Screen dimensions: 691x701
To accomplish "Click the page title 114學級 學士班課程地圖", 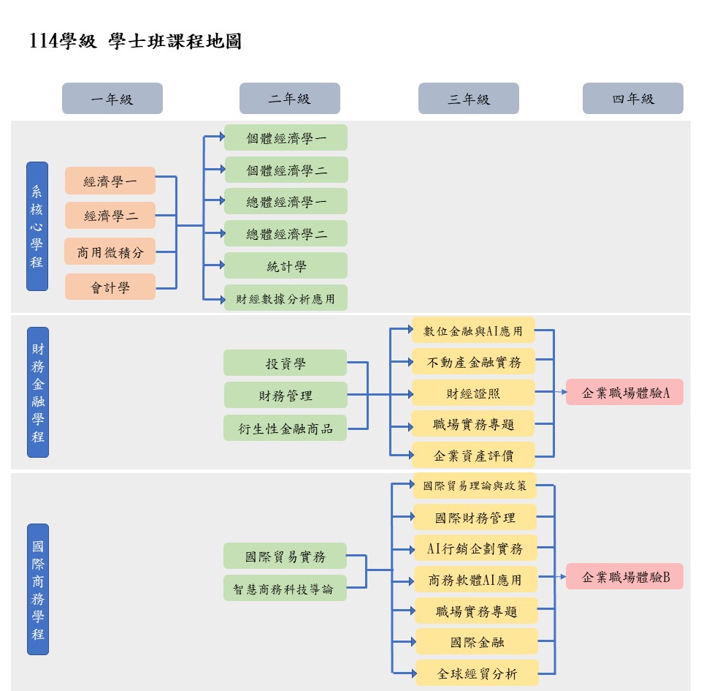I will pos(136,42).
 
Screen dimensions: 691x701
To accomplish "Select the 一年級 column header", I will pos(112,99).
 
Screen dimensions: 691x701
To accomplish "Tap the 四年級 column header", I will pos(632,99).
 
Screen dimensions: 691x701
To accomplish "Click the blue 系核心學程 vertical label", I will pos(37,226).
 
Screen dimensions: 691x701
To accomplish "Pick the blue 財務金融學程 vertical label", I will pos(38,393).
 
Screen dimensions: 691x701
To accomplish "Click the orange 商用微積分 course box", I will pos(110,252).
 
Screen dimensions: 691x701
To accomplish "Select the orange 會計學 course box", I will pos(110,287).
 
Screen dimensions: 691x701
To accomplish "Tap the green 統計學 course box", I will pos(286,266).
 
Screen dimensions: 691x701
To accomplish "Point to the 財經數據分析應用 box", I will pos(286,298).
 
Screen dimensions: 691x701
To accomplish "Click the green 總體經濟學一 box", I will pos(286,202).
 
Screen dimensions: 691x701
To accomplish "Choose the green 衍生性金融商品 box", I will pos(285,428).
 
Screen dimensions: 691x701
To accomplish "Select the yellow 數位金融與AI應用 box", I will pos(473,331).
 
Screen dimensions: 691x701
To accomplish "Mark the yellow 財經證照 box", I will pos(473,393).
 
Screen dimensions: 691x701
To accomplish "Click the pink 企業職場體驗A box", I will pos(624,393).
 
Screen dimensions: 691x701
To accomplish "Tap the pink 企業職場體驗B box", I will pos(624,577).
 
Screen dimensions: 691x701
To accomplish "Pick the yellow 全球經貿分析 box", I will pos(477,673).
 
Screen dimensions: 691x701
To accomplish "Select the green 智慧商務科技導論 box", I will pos(285,588).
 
